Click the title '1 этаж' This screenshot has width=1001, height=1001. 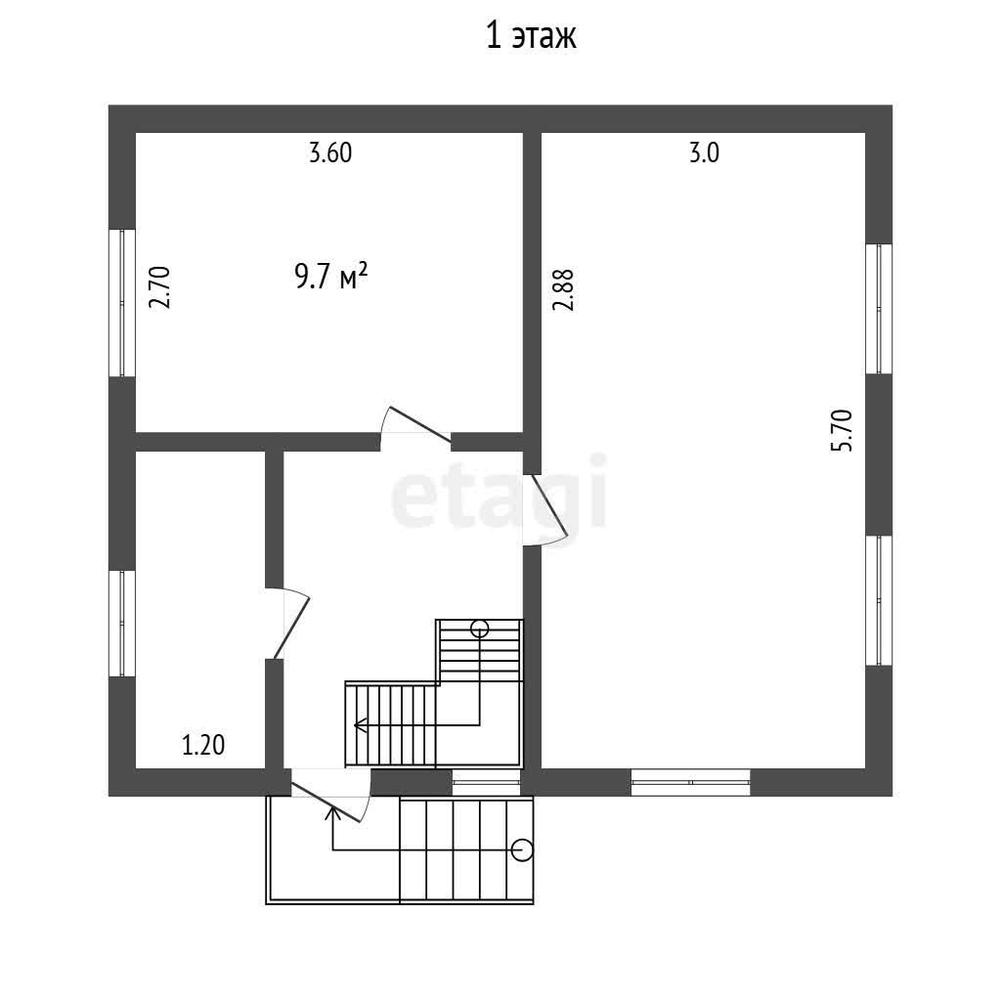click(531, 36)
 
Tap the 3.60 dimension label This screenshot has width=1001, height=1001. click(330, 153)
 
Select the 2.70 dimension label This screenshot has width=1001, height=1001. click(159, 287)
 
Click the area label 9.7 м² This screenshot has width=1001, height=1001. click(330, 277)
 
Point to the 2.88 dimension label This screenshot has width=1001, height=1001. click(563, 289)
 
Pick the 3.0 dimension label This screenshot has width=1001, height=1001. click(704, 153)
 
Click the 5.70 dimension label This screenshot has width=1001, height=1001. click(842, 431)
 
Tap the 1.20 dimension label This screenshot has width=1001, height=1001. click(203, 745)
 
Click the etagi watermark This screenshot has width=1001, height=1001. click(498, 492)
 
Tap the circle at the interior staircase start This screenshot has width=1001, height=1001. click(479, 629)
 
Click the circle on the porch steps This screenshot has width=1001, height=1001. click(522, 850)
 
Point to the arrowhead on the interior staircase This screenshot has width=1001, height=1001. click(360, 725)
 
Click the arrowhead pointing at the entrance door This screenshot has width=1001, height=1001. click(332, 812)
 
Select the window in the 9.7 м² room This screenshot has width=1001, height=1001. click(122, 303)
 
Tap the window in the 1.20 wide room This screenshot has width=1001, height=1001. click(122, 623)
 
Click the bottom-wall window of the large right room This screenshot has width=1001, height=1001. click(691, 782)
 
